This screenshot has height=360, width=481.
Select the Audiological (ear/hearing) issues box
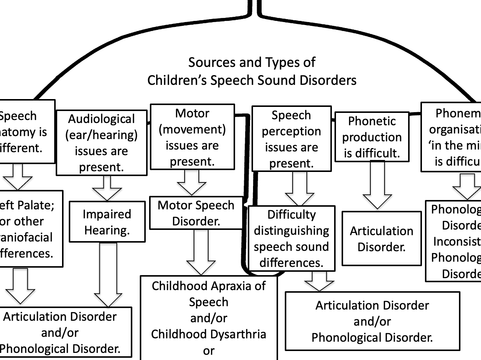101,142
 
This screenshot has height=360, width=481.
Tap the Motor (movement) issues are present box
192,137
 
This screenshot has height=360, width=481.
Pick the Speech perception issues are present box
291,139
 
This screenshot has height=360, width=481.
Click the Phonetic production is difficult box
372,137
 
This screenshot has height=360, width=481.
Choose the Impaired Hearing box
107,222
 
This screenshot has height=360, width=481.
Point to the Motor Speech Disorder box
196,213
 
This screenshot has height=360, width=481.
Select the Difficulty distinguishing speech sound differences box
292,238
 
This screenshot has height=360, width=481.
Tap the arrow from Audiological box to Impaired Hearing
107,188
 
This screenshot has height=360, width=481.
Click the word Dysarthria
238,334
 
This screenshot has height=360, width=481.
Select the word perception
291,131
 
